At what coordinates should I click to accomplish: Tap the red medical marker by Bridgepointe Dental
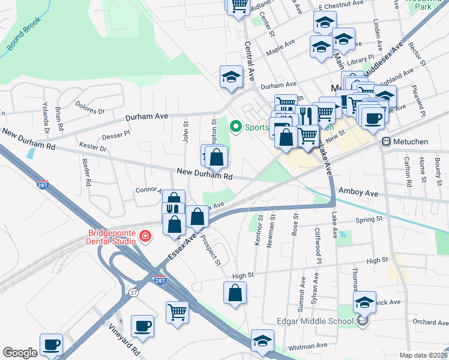(x=145, y=236)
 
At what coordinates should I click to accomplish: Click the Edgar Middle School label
(x=315, y=321)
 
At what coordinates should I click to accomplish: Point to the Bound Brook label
(x=23, y=37)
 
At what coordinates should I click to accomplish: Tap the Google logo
(x=20, y=353)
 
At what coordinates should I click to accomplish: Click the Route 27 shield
(x=133, y=292)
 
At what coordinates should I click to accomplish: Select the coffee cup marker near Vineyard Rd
(x=143, y=326)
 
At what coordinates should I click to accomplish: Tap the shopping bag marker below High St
(x=235, y=293)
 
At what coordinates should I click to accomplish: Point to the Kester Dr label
(x=92, y=147)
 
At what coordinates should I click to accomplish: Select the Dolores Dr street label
(x=90, y=107)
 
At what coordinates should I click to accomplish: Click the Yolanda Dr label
(x=46, y=121)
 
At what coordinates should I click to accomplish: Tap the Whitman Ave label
(x=309, y=346)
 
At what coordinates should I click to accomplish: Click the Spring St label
(x=369, y=220)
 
